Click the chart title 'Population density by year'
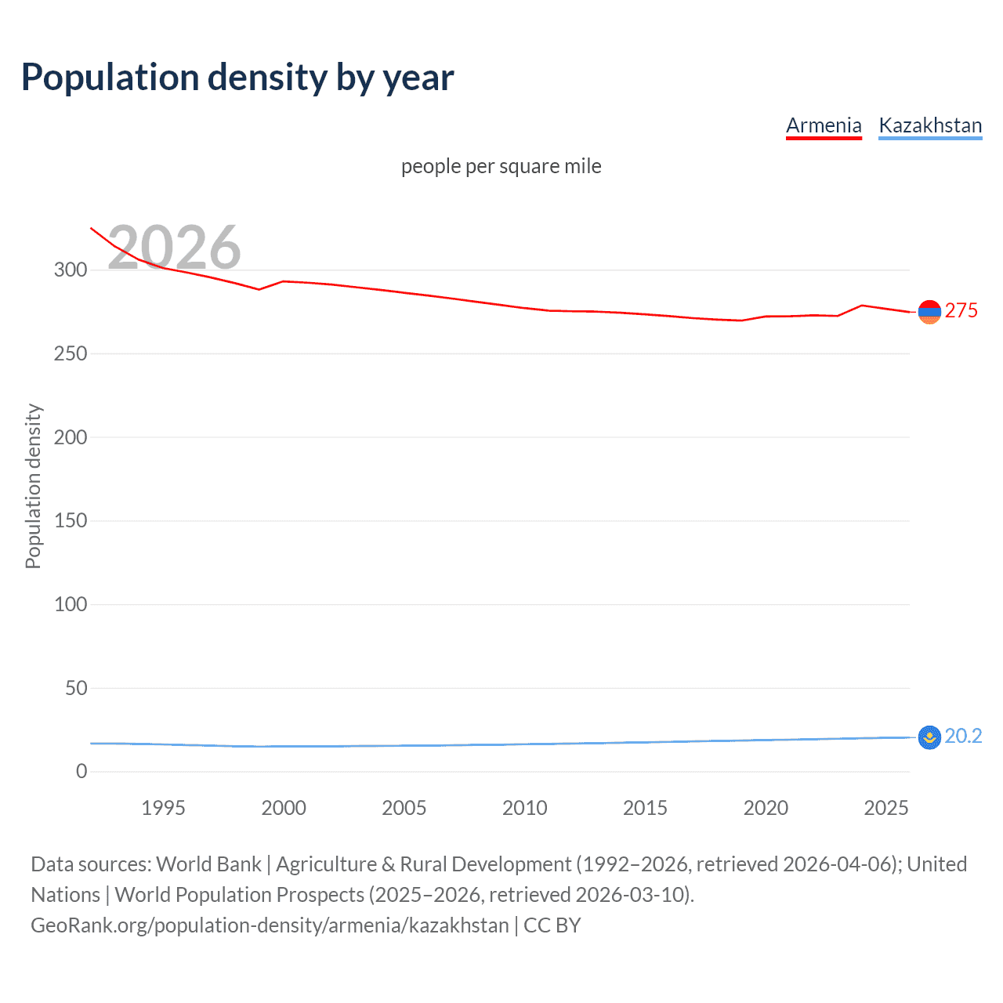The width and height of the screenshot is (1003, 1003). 237,78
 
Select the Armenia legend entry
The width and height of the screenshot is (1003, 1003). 824,125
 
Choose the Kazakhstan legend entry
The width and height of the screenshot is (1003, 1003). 930,125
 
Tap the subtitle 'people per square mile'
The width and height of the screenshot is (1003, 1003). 501,167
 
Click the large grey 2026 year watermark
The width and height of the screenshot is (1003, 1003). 174,248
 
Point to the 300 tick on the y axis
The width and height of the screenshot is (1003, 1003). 71,270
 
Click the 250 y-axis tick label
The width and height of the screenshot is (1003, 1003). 71,353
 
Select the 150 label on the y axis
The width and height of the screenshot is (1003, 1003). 71,520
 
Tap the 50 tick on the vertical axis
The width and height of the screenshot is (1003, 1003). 76,688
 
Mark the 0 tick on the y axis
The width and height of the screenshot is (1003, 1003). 81,772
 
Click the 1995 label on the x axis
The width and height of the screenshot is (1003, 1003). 163,808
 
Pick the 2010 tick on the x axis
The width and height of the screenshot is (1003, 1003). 524,808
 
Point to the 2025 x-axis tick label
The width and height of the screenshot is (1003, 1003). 885,808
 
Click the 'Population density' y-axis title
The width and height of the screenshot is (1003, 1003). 33,486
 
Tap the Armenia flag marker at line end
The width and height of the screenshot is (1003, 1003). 929,312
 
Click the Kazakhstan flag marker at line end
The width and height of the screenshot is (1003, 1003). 929,737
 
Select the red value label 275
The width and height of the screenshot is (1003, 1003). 961,311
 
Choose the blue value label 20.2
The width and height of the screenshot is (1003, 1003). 963,737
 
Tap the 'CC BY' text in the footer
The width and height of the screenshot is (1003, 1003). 552,925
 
